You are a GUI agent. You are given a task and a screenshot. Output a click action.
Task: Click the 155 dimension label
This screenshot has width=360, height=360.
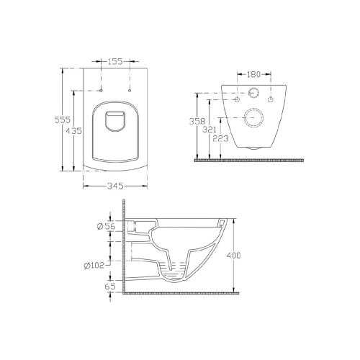point(115,62)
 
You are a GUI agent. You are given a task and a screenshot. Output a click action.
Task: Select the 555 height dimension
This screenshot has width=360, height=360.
point(63,120)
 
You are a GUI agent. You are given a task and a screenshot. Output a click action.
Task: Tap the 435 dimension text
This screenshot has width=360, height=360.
point(73,131)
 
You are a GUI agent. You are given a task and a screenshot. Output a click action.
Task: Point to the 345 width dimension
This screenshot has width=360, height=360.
point(115,186)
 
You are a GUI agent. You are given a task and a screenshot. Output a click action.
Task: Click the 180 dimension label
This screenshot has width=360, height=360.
point(253,74)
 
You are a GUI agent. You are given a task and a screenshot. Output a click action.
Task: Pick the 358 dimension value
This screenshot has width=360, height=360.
point(197,121)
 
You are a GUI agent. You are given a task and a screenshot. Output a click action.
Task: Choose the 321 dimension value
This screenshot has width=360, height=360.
point(210,130)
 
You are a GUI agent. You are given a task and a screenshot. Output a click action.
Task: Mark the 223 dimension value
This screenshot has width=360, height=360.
point(220,138)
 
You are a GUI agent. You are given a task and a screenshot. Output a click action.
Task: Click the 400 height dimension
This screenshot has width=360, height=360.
point(233,256)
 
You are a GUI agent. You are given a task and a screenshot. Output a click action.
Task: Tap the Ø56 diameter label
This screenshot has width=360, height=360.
point(106,226)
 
